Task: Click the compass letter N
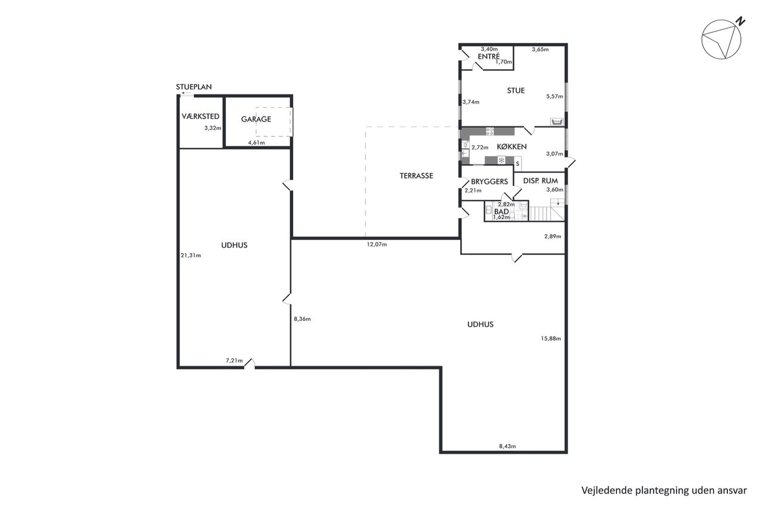pyautogui.click(x=740, y=22)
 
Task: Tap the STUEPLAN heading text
pyautogui.click(x=194, y=87)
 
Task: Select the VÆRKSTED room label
pyautogui.click(x=200, y=116)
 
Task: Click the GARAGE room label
pyautogui.click(x=256, y=119)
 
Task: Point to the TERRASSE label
pyautogui.click(x=416, y=176)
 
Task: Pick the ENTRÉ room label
pyautogui.click(x=489, y=57)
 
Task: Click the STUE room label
pyautogui.click(x=516, y=91)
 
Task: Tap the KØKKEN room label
pyautogui.click(x=511, y=147)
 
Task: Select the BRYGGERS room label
pyautogui.click(x=489, y=182)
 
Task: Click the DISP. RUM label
pyautogui.click(x=541, y=180)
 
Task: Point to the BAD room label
pyautogui.click(x=501, y=211)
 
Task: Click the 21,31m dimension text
pyautogui.click(x=191, y=255)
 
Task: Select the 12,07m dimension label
pyautogui.click(x=377, y=244)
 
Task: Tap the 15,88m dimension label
pyautogui.click(x=551, y=338)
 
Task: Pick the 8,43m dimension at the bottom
pyautogui.click(x=507, y=447)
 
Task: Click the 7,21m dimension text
pyautogui.click(x=234, y=360)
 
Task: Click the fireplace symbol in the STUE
pyautogui.click(x=557, y=121)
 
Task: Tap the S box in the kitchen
pyautogui.click(x=518, y=164)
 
